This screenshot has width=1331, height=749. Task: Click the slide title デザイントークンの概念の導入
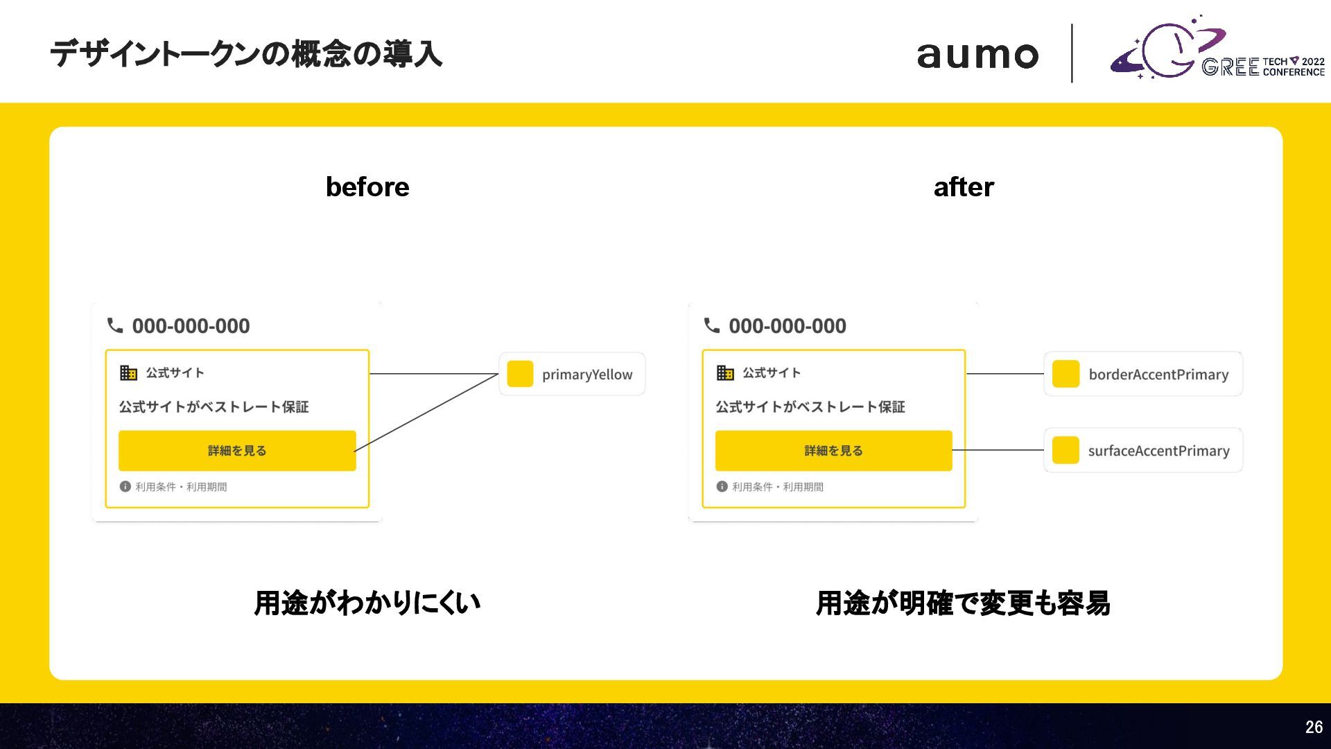click(x=246, y=54)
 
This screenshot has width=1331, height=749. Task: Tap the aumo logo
click(x=977, y=55)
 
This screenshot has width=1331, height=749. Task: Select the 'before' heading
click(x=367, y=187)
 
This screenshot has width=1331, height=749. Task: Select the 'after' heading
click(x=964, y=187)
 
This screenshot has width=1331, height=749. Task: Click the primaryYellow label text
click(x=587, y=374)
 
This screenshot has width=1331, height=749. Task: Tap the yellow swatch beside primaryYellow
click(x=520, y=374)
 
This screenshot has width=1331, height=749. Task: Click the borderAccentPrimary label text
click(x=1158, y=374)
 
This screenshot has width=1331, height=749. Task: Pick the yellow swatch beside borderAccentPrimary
click(x=1065, y=374)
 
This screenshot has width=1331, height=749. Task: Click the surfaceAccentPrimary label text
click(x=1158, y=451)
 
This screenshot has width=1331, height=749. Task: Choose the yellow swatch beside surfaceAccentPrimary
click(x=1065, y=450)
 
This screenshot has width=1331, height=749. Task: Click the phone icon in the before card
click(x=115, y=325)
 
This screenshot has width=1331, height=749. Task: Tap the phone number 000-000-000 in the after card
click(x=788, y=326)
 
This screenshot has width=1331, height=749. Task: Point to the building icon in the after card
click(x=725, y=373)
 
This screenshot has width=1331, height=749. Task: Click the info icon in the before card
click(x=125, y=487)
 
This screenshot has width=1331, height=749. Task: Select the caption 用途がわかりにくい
click(x=367, y=603)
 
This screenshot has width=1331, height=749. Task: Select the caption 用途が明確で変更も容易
click(x=963, y=603)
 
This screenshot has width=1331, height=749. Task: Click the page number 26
click(x=1314, y=727)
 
